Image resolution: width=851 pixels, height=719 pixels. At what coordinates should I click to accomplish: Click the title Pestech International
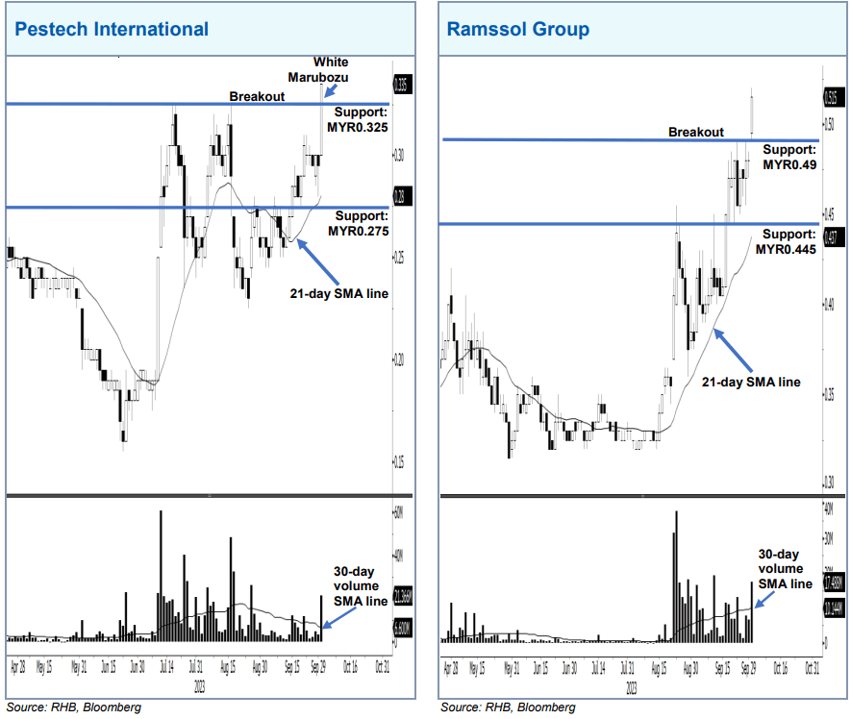tap(111, 29)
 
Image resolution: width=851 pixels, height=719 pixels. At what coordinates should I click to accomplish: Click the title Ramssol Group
tap(518, 29)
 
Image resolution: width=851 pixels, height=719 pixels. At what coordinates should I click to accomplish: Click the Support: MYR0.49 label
tap(788, 158)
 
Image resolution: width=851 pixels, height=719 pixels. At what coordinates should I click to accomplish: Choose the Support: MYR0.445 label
tap(786, 242)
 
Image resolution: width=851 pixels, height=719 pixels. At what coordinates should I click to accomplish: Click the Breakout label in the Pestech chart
tap(257, 97)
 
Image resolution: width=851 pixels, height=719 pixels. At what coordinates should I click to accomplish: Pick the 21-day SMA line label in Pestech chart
tap(339, 293)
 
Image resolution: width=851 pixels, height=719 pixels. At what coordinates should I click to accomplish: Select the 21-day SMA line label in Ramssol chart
tap(750, 382)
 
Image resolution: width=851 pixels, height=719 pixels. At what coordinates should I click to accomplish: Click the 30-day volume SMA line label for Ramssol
tap(779, 568)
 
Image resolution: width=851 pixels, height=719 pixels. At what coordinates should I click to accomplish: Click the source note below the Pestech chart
tap(74, 707)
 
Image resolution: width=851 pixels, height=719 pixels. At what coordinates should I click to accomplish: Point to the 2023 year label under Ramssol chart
tap(631, 688)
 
